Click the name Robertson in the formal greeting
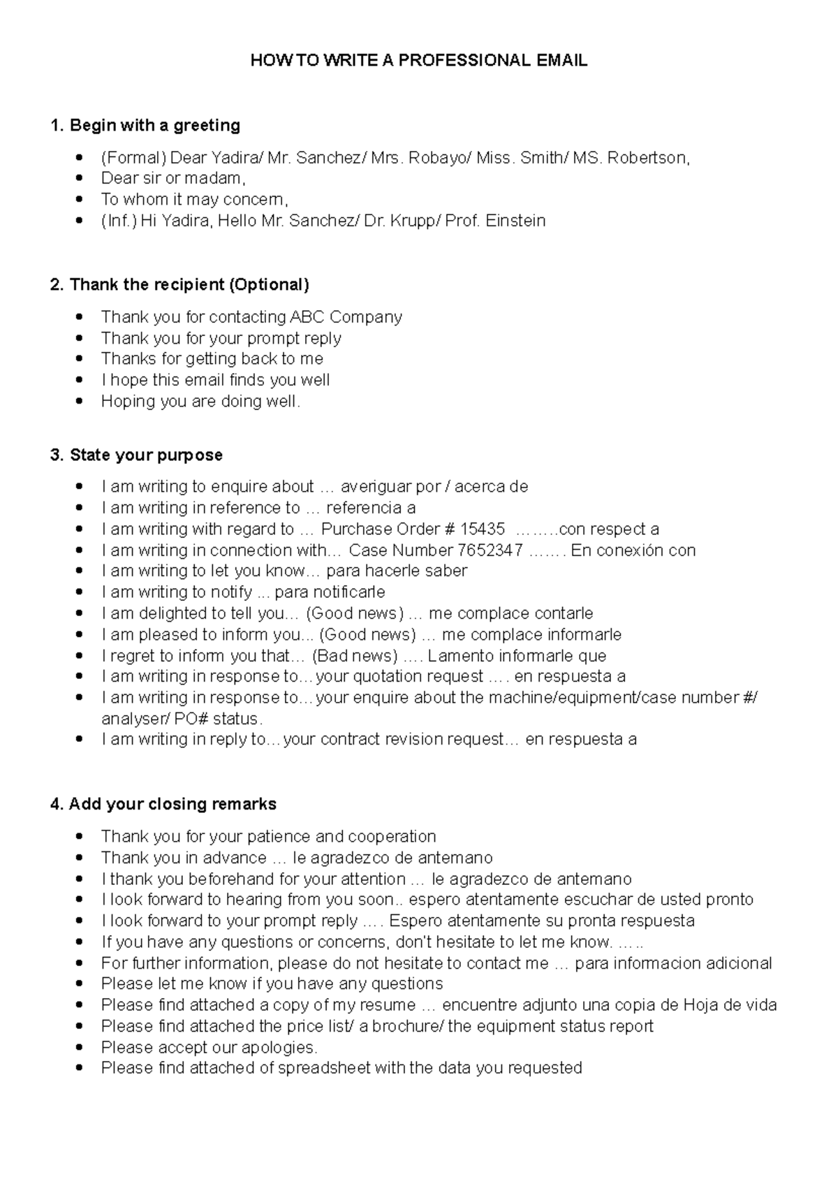click(x=647, y=159)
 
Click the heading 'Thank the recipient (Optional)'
click(x=179, y=285)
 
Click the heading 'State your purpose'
click(x=136, y=455)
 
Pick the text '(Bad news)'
click(x=355, y=656)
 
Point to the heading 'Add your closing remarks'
click(x=163, y=805)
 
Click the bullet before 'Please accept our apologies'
click(x=83, y=1047)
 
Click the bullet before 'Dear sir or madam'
click(x=83, y=179)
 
